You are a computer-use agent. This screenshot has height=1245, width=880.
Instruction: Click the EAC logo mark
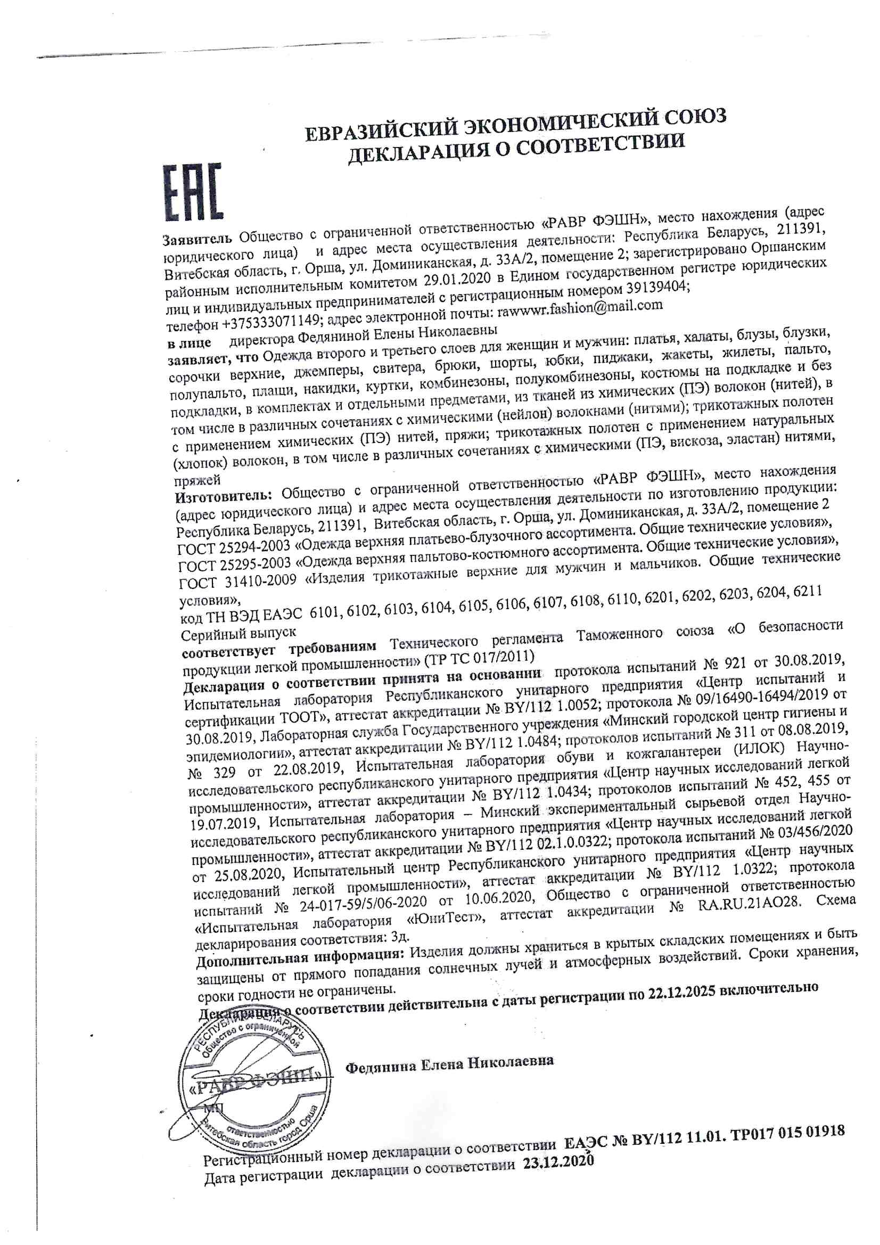click(193, 192)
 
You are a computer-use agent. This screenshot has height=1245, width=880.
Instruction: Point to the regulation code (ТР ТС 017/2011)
click(479, 659)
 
